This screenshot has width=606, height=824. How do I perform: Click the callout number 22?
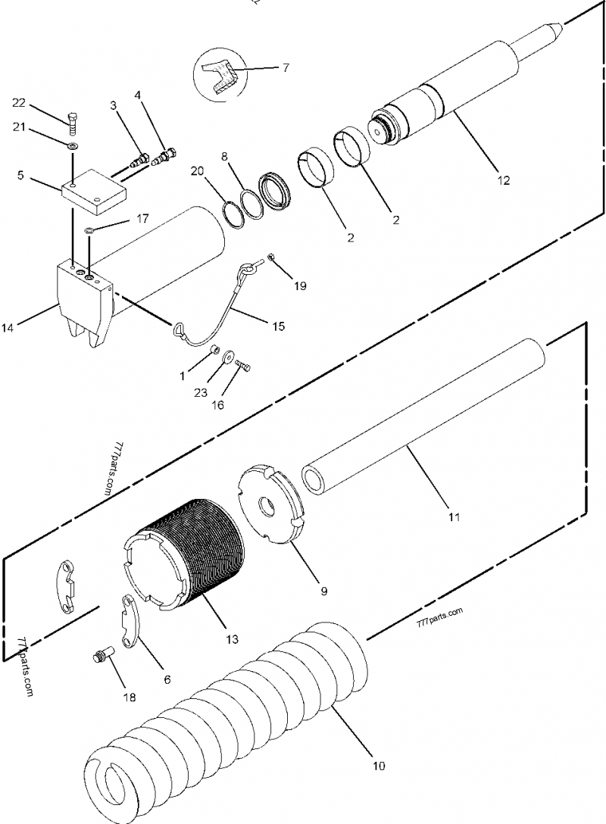[x=18, y=103]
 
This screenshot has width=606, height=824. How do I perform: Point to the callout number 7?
[x=286, y=68]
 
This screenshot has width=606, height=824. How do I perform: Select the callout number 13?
[x=231, y=639]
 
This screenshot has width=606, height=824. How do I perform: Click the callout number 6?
[x=167, y=679]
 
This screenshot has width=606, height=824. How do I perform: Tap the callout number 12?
[x=504, y=180]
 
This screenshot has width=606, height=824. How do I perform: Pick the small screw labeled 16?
[x=242, y=367]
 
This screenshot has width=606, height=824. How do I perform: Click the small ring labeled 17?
[x=89, y=230]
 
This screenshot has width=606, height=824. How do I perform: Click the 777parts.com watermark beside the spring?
[x=439, y=616]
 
